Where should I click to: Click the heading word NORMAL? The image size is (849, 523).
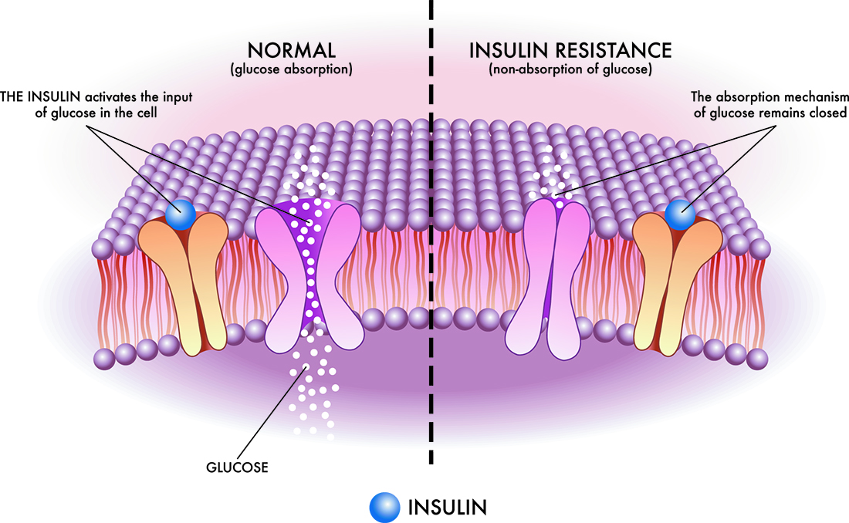coord(291,51)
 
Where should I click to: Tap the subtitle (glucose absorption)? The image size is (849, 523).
coord(291,70)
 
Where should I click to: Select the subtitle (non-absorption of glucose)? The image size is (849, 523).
coord(570,70)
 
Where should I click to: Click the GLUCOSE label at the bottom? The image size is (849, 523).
coord(238,467)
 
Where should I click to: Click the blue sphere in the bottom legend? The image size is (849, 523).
coord(384,507)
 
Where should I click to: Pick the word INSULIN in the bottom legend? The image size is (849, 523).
coord(447,507)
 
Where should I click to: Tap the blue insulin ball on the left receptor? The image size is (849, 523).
coord(180,214)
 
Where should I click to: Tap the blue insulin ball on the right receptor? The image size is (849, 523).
coord(680,214)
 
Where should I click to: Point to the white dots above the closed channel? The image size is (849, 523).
coord(550,174)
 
